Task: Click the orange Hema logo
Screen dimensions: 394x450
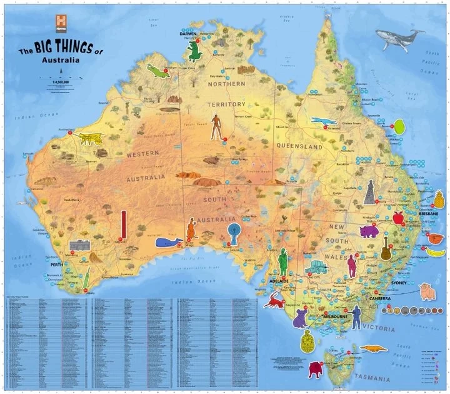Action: [61, 21]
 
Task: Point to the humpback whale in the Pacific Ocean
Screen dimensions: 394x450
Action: [397, 41]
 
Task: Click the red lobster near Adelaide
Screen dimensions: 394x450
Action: [274, 301]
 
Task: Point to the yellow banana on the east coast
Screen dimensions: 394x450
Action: [436, 253]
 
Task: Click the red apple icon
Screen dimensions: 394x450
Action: [397, 218]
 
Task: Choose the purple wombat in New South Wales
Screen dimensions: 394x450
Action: [369, 231]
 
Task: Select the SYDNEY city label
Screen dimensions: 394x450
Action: [398, 282]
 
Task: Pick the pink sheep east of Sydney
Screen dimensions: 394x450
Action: [427, 291]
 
